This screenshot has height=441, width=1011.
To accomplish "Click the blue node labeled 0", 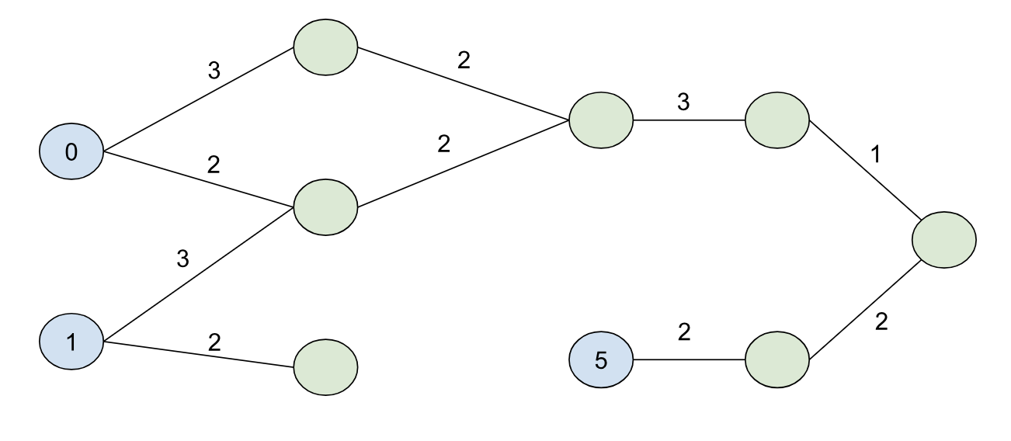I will (71, 151).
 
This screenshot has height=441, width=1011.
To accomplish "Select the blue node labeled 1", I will (71, 342).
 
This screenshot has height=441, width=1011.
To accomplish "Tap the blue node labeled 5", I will (600, 361).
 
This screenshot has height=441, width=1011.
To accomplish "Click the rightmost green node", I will (944, 241).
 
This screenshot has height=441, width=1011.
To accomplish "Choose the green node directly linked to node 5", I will (776, 361).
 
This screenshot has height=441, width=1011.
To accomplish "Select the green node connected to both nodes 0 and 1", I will (325, 208).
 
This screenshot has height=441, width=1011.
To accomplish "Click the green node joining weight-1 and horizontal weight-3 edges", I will (776, 121).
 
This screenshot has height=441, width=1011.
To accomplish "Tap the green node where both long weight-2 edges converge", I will (600, 121).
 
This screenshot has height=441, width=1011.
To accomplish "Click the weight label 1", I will (877, 154).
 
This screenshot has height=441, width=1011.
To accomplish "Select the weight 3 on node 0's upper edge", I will (214, 71).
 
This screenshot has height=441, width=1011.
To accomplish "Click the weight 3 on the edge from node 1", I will (183, 259).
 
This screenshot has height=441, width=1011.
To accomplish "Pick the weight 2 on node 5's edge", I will (683, 332).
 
